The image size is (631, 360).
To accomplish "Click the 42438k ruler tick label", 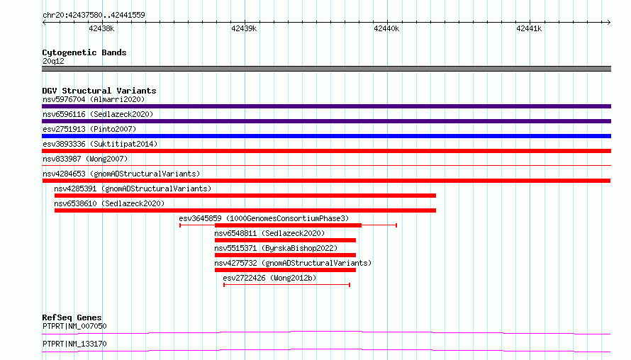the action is pos(101,28).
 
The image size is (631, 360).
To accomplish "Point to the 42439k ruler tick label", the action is pos(244,28).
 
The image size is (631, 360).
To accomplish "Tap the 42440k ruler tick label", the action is pos(386,28).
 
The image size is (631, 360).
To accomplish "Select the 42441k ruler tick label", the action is pos(529,28).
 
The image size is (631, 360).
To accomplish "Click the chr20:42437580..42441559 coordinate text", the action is pos(94,15).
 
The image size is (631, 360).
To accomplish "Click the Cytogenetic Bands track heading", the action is pos(84,52).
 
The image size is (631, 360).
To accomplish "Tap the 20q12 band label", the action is pos(53,61).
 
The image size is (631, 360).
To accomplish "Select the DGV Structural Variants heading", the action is pos(99,91).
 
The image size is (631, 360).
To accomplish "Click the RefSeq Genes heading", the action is pos(72,317).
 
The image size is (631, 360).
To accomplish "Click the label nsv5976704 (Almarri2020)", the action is pos(94,99).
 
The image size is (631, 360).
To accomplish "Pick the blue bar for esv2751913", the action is pos(326,136).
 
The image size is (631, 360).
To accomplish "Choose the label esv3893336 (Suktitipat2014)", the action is pos(100,144).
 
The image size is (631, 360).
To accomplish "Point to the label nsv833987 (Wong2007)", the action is pos(85,159).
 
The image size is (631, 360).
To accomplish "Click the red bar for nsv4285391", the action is pos(245,196).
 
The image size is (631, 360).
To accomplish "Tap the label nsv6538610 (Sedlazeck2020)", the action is pos(109,203).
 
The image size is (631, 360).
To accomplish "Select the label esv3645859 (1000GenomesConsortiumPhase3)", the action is pos(264,218).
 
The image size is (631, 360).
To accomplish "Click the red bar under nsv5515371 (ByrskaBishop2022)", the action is pos(285,255).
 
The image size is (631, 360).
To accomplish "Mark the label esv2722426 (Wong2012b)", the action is pos(269,278).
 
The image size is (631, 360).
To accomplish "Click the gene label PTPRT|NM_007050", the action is pos(74,326).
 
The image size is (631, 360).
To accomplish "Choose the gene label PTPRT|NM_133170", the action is pos(74,344).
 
